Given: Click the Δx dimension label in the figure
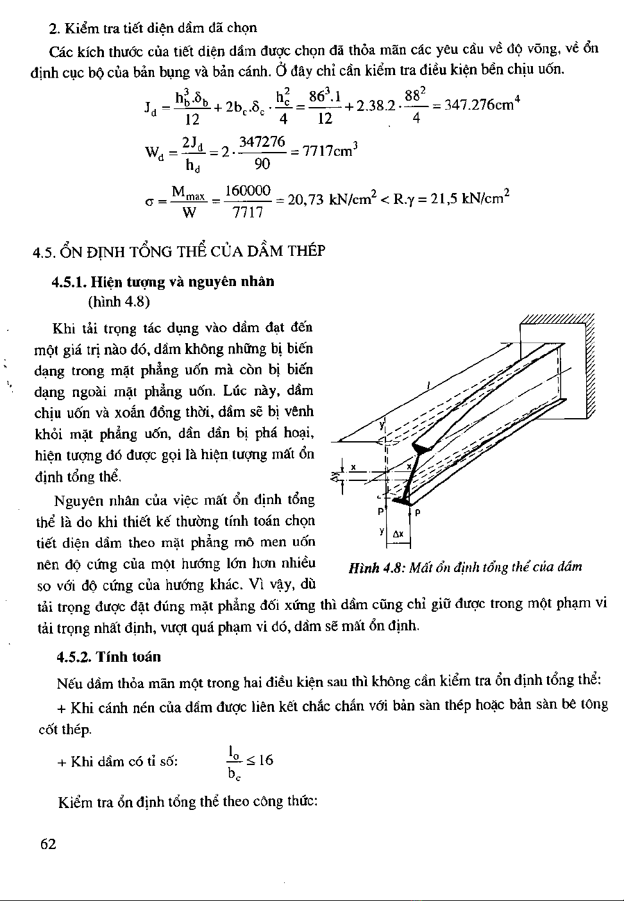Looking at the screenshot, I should point(398,534).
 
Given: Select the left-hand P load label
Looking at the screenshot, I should point(380,512).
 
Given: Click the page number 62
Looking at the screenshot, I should point(49,845).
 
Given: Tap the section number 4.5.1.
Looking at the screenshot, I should point(70,281).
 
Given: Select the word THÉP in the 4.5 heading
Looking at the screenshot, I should point(306,250).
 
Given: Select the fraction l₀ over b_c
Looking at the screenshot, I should point(233,761).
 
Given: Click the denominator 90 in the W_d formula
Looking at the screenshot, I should point(262,164).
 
